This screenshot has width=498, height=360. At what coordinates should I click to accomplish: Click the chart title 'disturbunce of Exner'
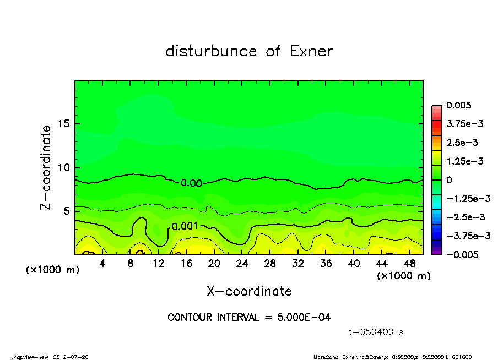249,52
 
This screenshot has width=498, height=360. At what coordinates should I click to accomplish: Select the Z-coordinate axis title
46,167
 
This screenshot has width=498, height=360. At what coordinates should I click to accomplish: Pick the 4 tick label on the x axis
102,264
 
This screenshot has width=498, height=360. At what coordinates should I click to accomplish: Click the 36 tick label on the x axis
326,264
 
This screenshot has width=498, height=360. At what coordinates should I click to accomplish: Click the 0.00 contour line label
191,183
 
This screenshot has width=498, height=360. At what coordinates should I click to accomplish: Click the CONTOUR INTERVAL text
249,318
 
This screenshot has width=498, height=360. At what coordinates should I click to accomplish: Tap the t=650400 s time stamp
377,332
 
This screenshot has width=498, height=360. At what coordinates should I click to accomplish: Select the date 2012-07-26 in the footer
71,357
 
